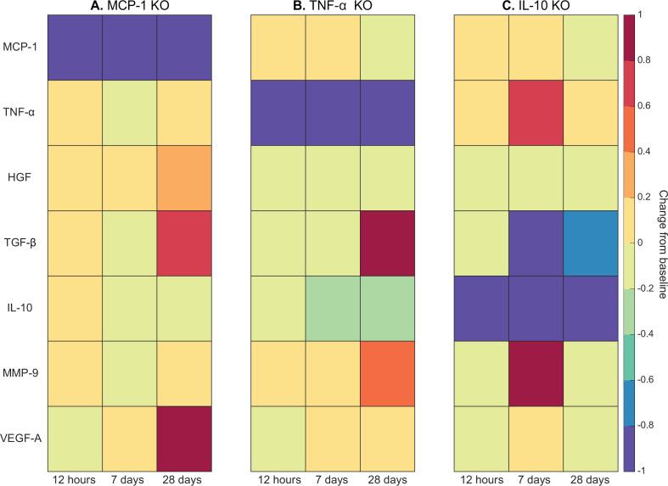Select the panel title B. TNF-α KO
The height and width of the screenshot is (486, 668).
(x=332, y=7)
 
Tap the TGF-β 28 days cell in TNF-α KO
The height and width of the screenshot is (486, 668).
(x=388, y=243)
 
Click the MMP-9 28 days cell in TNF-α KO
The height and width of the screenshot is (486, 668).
(x=388, y=374)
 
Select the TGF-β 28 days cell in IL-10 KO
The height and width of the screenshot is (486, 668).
(x=592, y=243)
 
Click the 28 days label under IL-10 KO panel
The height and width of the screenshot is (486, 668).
(x=592, y=478)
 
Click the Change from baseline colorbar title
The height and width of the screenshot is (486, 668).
(x=660, y=243)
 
